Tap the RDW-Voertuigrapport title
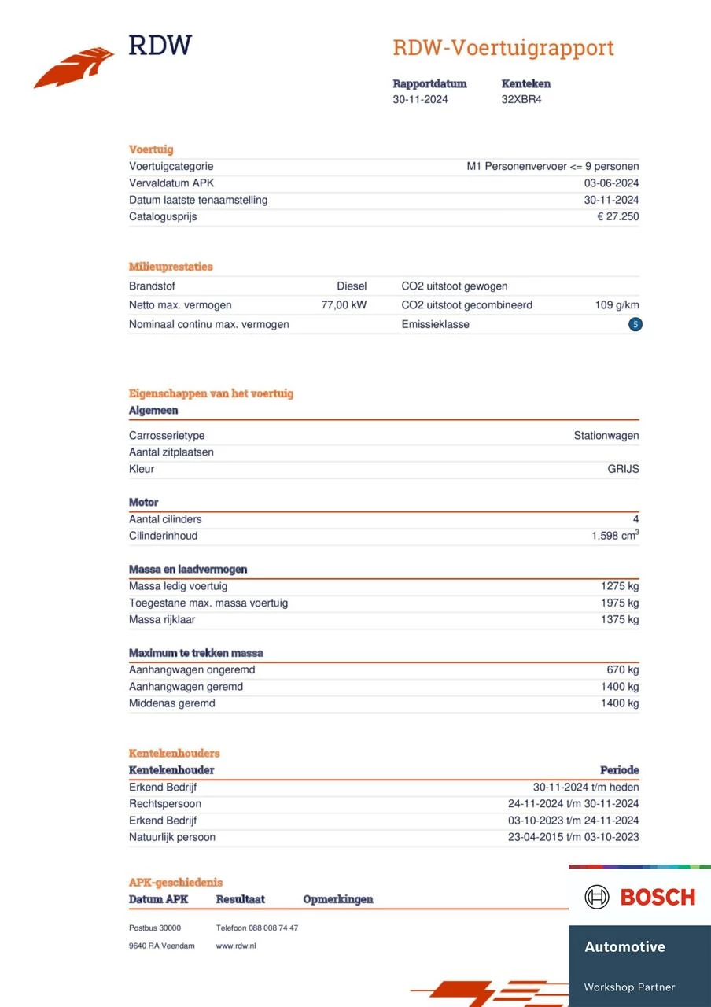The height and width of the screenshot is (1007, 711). pyautogui.click(x=503, y=48)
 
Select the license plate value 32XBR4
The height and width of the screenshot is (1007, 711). pyautogui.click(x=521, y=100)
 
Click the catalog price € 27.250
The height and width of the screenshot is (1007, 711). pyautogui.click(x=617, y=217)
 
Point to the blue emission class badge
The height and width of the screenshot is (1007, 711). pyautogui.click(x=635, y=324)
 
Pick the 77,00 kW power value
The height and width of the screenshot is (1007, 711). pyautogui.click(x=344, y=305)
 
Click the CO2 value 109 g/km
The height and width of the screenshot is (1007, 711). pyautogui.click(x=617, y=305)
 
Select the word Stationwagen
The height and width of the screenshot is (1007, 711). pyautogui.click(x=606, y=436)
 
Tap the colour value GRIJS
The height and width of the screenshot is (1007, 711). pyautogui.click(x=623, y=470)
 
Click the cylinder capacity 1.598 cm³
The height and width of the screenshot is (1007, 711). pyautogui.click(x=615, y=536)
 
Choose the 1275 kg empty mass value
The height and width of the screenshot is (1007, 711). pyautogui.click(x=620, y=586)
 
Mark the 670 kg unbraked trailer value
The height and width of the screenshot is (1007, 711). pyautogui.click(x=622, y=670)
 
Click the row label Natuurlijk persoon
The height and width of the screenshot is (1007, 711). pyautogui.click(x=172, y=837)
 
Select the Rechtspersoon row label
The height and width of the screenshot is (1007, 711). pyautogui.click(x=165, y=804)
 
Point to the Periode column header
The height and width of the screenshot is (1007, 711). pyautogui.click(x=619, y=770)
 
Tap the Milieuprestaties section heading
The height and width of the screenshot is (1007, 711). pyautogui.click(x=171, y=267)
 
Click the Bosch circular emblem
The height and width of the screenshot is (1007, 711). pyautogui.click(x=597, y=897)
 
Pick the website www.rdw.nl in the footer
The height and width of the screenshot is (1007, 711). pyautogui.click(x=236, y=946)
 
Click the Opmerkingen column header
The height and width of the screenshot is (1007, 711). pyautogui.click(x=338, y=899)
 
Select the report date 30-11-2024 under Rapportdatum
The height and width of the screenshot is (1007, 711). pyautogui.click(x=421, y=100)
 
